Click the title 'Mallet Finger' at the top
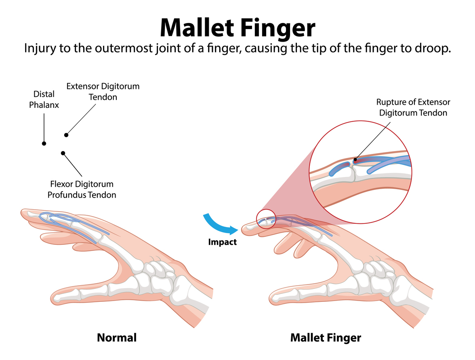coord(237,27)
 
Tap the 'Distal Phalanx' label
coord(44,99)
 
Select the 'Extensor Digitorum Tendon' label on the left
coord(103,92)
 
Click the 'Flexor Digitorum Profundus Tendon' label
coord(82,189)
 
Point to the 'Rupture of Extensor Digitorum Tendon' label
coord(413,107)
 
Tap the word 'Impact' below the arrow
coord(222,242)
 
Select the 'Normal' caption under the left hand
coord(117,337)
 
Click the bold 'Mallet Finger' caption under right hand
coord(326,337)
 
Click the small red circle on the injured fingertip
coord(266,219)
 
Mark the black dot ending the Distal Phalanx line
coord(44,143)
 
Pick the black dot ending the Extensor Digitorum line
coord(66,135)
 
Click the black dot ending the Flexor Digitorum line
coord(63,153)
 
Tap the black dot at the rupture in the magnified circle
coord(355,160)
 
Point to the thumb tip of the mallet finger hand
coord(275,298)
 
